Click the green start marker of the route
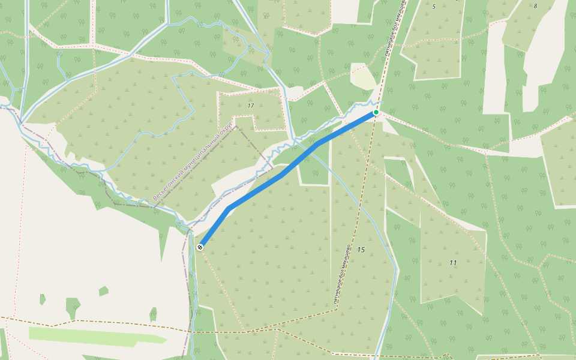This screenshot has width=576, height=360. pyautogui.click(x=376, y=112)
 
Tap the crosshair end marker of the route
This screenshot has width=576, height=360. pyautogui.click(x=200, y=247)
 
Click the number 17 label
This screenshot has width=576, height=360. pyautogui.click(x=250, y=106)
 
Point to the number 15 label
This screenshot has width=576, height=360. pyautogui.click(x=361, y=250)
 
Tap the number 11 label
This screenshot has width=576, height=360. pyautogui.click(x=452, y=263)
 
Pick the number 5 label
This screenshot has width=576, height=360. pyautogui.click(x=433, y=7)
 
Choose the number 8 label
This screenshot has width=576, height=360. pyautogui.click(x=535, y=6)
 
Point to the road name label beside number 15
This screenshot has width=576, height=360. pyautogui.click(x=341, y=276)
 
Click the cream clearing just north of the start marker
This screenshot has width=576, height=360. pyautogui.click(x=364, y=78)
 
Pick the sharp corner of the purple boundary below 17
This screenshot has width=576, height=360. pyautogui.click(x=237, y=127)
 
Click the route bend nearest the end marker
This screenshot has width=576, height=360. pyautogui.click(x=229, y=209)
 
